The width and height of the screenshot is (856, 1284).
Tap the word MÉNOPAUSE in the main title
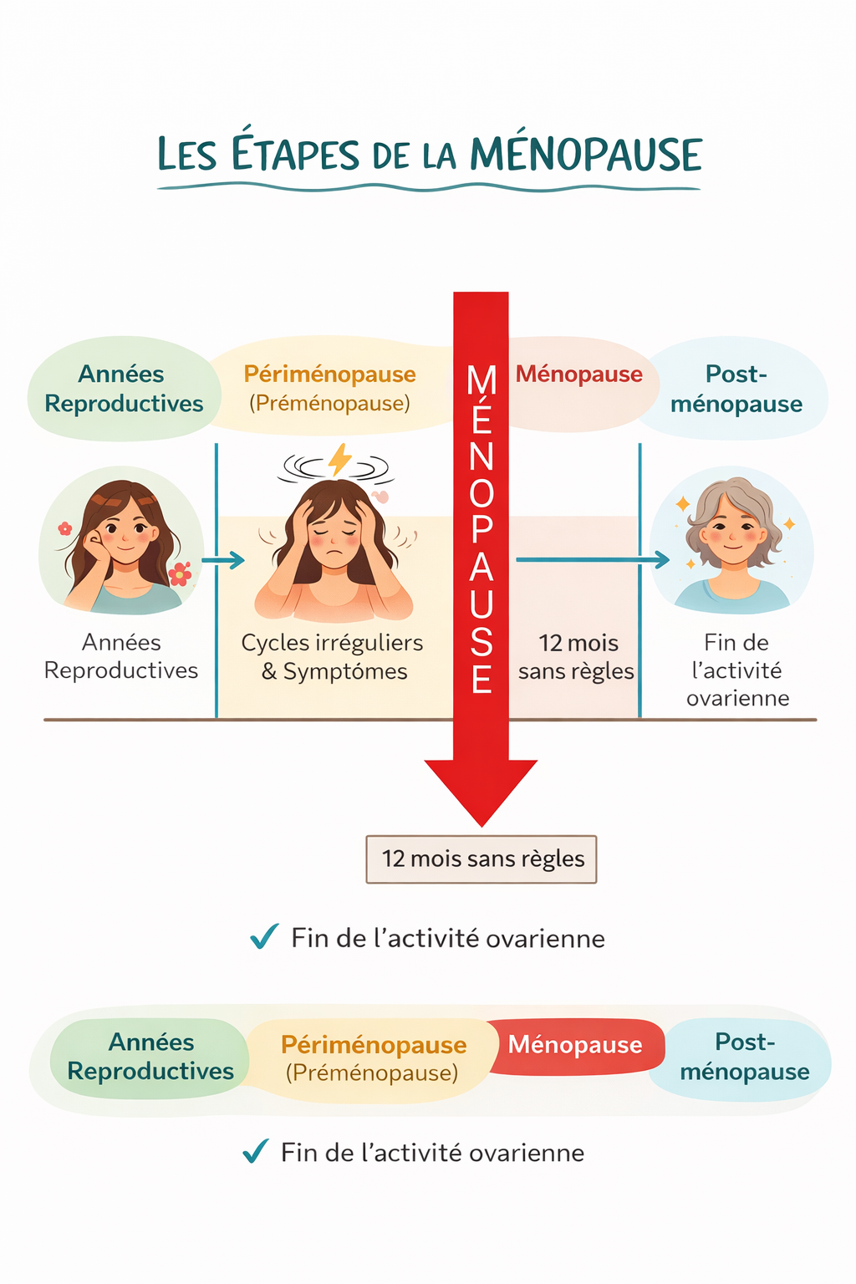585,155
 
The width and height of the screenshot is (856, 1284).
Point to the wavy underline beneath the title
428,188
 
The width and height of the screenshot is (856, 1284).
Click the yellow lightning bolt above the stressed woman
339,459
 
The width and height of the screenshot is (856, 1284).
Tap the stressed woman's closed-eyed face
334,536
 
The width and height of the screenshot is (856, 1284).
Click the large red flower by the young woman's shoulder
180,573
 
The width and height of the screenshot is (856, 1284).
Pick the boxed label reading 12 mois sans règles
481,859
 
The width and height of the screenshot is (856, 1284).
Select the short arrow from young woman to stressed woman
224,560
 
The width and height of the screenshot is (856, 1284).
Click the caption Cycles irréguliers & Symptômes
333,657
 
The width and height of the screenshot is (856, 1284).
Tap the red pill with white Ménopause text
576,1045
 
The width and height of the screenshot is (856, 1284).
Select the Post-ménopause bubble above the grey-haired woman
736,389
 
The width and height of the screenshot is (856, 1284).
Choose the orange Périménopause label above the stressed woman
329,374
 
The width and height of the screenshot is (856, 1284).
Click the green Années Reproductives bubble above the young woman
124,389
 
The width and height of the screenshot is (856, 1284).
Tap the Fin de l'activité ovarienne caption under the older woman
736,670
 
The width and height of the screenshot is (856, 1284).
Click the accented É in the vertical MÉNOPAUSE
481,418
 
